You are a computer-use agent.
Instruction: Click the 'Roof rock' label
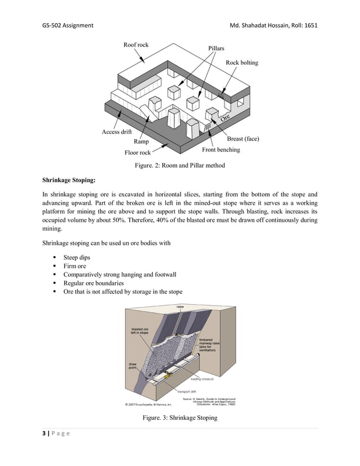tap(136, 45)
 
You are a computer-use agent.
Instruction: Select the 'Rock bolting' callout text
tap(242, 63)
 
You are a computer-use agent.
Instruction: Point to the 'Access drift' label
tap(117, 132)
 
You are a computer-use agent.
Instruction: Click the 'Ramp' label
tap(142, 142)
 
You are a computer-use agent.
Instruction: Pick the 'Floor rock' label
tap(138, 152)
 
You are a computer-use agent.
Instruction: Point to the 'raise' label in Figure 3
tap(180, 307)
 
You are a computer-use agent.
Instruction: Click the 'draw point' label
tap(133, 366)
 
